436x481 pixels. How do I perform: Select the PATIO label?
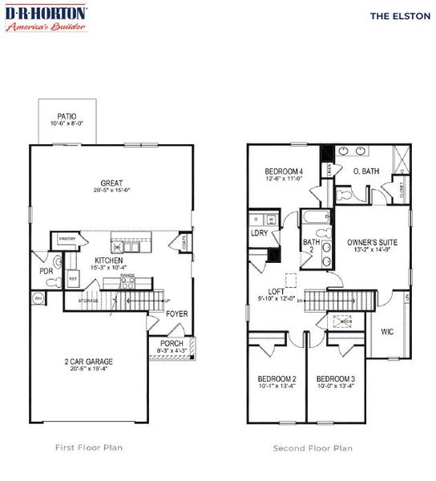coord(67,115)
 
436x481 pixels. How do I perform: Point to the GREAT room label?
coord(111,182)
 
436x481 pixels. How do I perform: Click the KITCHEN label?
coord(108,261)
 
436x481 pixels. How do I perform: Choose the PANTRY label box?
coord(63,239)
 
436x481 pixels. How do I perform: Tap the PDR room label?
coord(45,271)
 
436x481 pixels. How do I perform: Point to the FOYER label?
coord(176,313)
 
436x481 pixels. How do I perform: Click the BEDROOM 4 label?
coord(285,172)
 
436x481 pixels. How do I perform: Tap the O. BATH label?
coord(365,171)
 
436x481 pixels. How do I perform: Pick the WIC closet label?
coord(387,330)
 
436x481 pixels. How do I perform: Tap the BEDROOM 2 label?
coord(277,378)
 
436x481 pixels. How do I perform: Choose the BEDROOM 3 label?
coord(335,378)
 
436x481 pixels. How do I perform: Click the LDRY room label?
coord(259,233)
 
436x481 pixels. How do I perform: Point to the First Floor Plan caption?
coord(87,447)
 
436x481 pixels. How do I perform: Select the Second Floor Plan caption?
coord(313,448)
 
